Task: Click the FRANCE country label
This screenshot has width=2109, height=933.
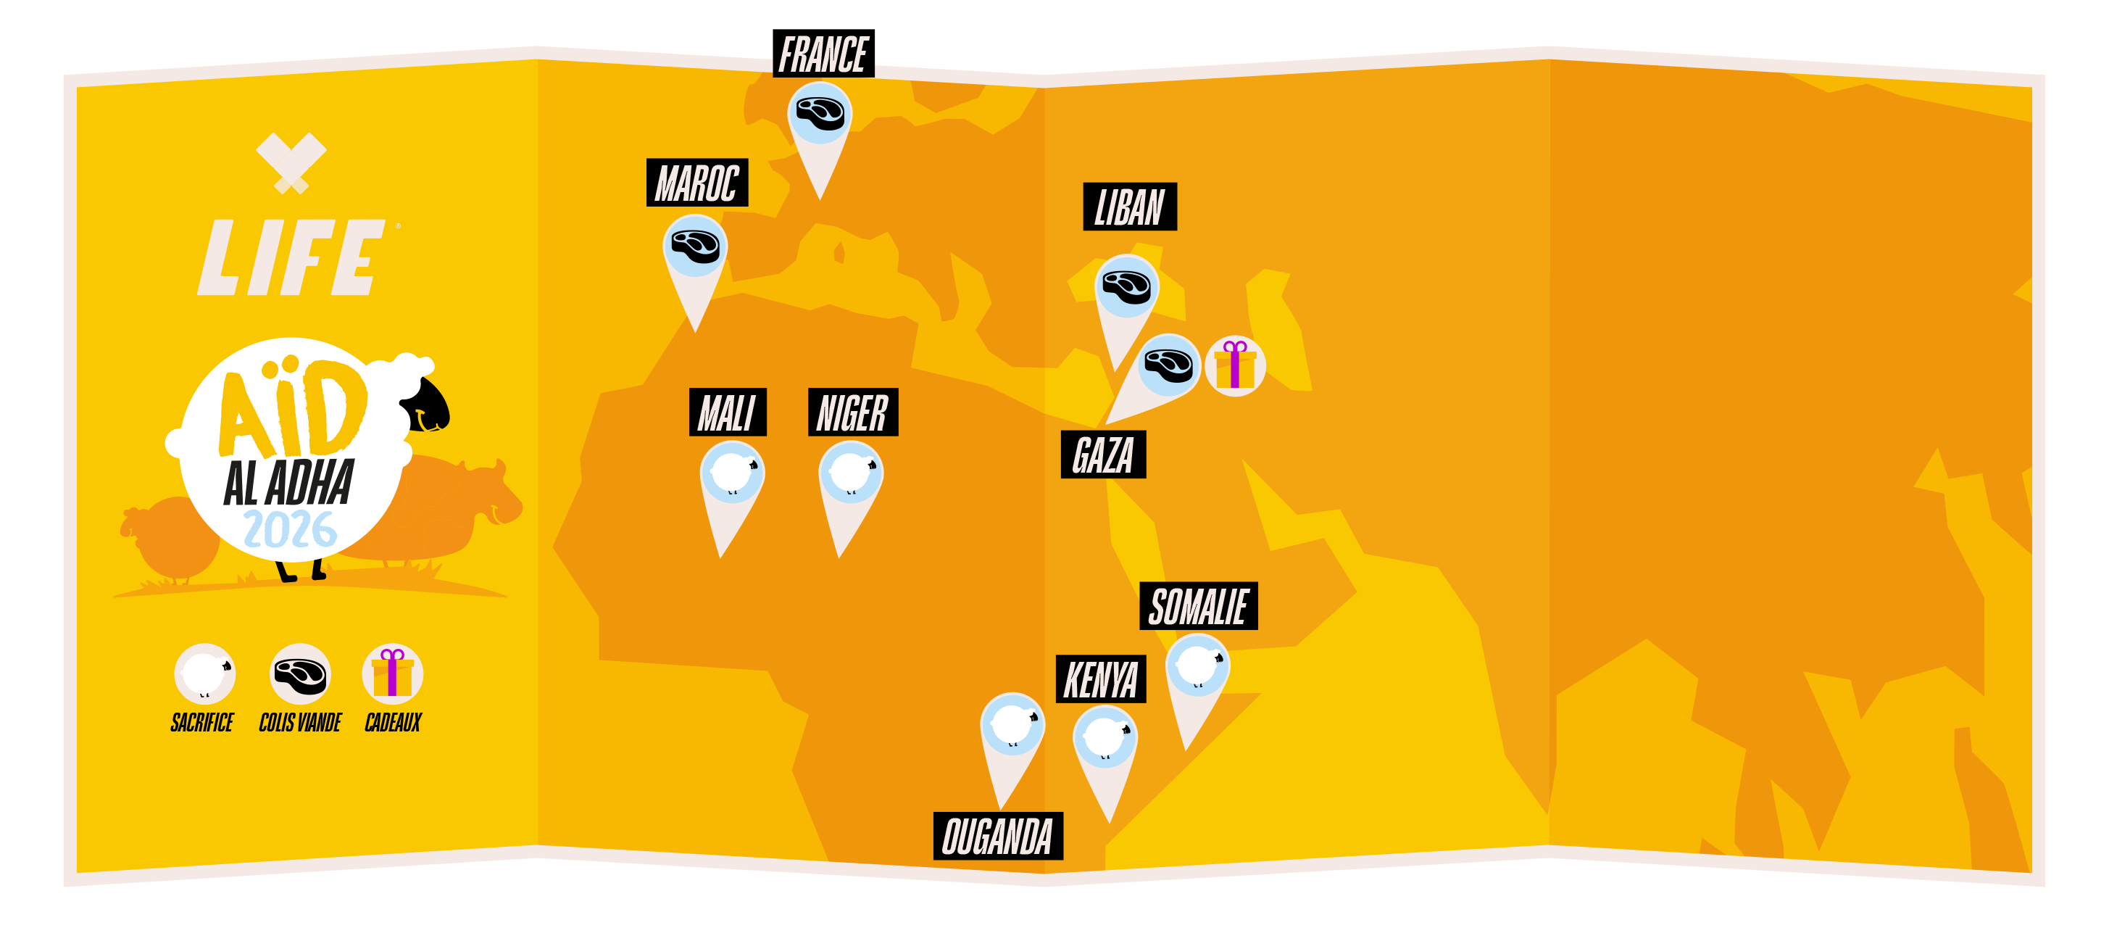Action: [x=823, y=55]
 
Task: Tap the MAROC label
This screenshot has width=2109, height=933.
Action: [x=696, y=183]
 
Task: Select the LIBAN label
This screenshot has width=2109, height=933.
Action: [x=1129, y=207]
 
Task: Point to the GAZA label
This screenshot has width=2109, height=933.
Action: [x=1102, y=455]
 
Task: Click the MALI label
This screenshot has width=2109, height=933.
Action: [x=727, y=412]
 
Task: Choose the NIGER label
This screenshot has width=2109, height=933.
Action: [x=852, y=412]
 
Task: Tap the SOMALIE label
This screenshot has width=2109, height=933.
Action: [x=1198, y=606]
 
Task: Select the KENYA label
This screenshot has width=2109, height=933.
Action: [x=1100, y=679]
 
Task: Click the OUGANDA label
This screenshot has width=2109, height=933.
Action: [x=997, y=837]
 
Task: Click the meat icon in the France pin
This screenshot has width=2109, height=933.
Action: [x=820, y=112]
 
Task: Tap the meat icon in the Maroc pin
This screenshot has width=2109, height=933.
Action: [x=695, y=245]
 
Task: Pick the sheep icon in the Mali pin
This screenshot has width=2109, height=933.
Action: [x=732, y=473]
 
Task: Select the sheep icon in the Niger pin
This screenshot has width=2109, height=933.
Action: [x=851, y=473]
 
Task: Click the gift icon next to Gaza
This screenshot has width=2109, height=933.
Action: [x=1235, y=365]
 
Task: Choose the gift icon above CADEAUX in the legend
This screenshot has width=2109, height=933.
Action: [x=392, y=673]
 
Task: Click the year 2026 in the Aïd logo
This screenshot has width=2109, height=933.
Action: [x=290, y=529]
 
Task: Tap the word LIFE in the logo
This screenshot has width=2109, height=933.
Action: [x=291, y=257]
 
